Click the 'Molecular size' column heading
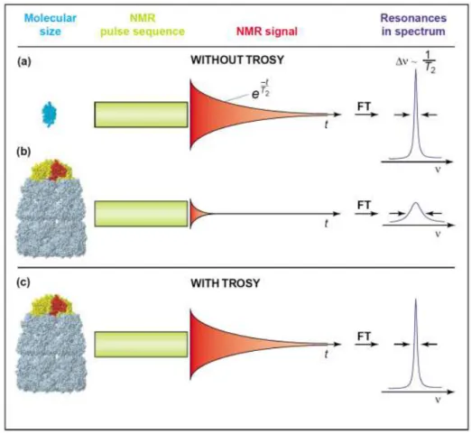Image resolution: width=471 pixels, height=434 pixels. (51, 24)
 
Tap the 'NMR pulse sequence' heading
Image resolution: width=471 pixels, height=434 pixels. (143, 24)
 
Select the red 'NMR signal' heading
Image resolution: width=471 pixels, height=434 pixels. (267, 32)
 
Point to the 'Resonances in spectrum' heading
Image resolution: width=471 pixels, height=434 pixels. (413, 24)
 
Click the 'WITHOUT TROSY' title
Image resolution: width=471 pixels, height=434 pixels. (237, 60)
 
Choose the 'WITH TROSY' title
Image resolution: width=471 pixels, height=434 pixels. (225, 283)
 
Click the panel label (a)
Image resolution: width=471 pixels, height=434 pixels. (24, 61)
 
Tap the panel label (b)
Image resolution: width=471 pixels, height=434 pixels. (23, 152)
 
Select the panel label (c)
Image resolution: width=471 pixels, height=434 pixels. (23, 282)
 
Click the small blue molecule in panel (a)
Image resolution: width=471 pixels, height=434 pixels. (49, 115)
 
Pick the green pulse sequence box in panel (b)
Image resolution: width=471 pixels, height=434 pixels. (141, 214)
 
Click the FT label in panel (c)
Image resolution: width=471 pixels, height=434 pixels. (364, 336)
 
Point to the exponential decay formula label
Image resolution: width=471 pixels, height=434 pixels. (261, 89)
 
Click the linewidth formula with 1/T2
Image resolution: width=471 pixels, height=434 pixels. (416, 62)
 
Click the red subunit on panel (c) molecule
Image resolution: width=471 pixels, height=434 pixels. (59, 305)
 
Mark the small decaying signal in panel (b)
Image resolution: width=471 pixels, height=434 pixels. (199, 214)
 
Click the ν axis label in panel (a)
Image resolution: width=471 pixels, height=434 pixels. (438, 170)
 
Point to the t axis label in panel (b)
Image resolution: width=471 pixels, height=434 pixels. (326, 224)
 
